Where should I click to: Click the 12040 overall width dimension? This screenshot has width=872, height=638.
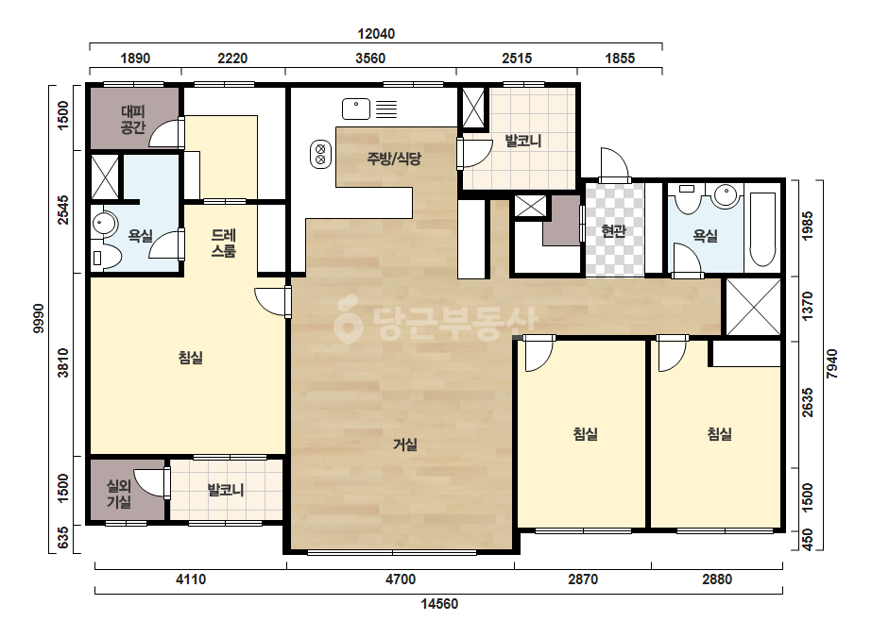tap(376, 34)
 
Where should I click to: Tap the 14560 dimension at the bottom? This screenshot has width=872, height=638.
tap(439, 604)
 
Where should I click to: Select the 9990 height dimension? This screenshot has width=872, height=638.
tap(38, 318)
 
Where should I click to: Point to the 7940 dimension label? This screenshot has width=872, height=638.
tap(832, 364)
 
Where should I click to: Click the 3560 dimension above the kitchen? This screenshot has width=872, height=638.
tap(370, 59)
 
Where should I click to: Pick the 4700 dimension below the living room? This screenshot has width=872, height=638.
tap(401, 579)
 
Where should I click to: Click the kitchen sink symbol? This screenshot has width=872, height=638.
tap(356, 109)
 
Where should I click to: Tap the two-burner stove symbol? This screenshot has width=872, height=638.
tap(320, 154)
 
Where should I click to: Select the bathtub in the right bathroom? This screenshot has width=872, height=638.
tap(762, 229)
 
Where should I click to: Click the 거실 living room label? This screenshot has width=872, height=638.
tap(405, 445)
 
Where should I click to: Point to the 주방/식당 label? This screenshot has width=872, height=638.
tap(394, 159)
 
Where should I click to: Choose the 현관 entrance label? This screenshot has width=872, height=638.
tap(614, 230)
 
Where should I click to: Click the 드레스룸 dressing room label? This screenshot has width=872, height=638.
tap(224, 243)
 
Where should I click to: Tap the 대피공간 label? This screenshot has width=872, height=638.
tap(133, 120)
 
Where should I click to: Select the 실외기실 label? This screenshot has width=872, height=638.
tap(119, 494)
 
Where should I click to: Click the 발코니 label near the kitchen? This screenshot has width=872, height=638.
tap(522, 141)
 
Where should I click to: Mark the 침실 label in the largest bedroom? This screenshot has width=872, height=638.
tap(190, 358)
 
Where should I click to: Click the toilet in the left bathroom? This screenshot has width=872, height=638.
tap(107, 258)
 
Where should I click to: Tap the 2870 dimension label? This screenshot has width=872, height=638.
tap(583, 579)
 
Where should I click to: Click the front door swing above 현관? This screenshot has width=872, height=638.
tap(614, 164)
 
